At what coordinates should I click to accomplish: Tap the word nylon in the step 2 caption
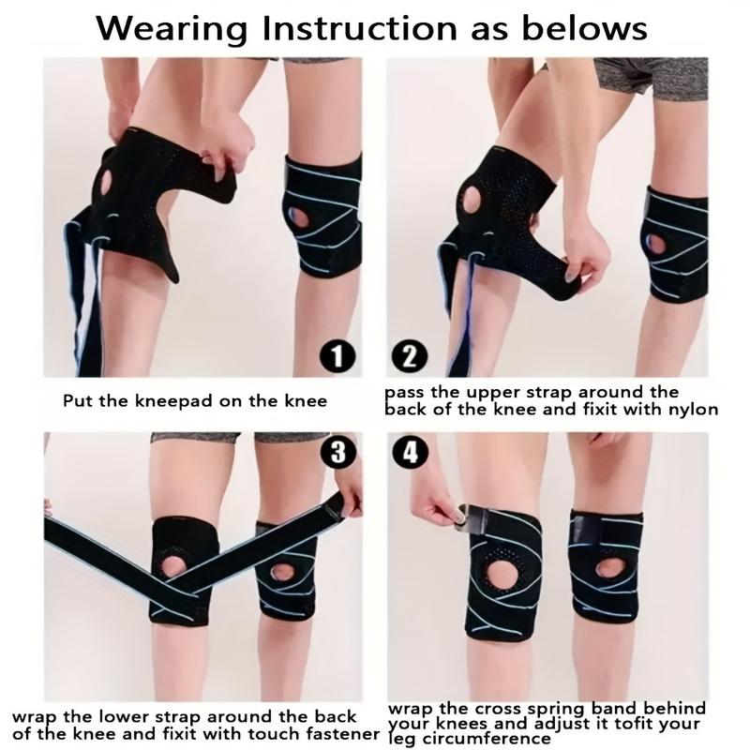coord(693,409)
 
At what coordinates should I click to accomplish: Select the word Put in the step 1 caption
coord(75,401)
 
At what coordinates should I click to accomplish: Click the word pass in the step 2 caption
coord(405,392)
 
